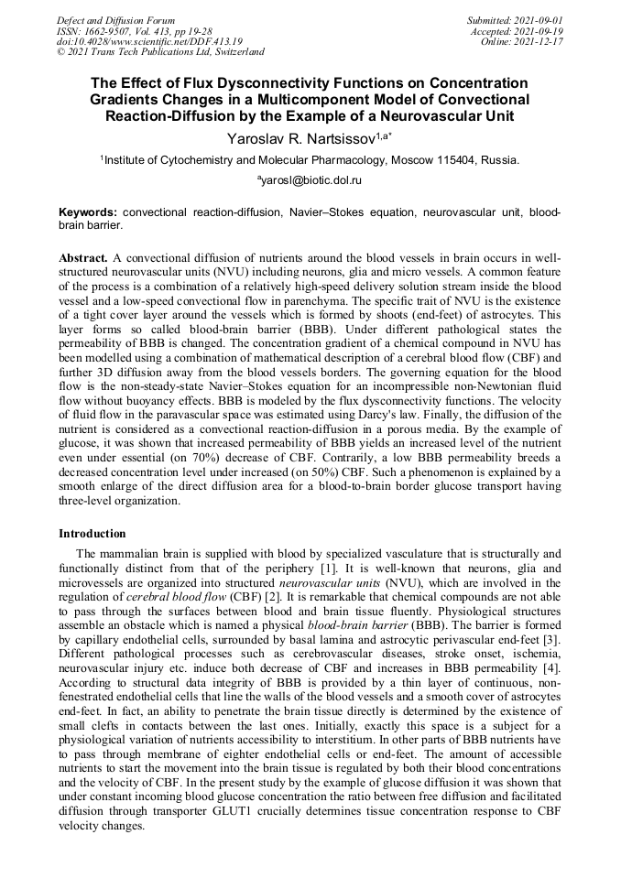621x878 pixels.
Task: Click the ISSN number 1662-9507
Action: tap(109, 30)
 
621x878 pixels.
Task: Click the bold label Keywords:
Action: tap(88, 211)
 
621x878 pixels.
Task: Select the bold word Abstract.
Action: tap(83, 259)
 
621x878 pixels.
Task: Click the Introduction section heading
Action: tap(93, 534)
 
